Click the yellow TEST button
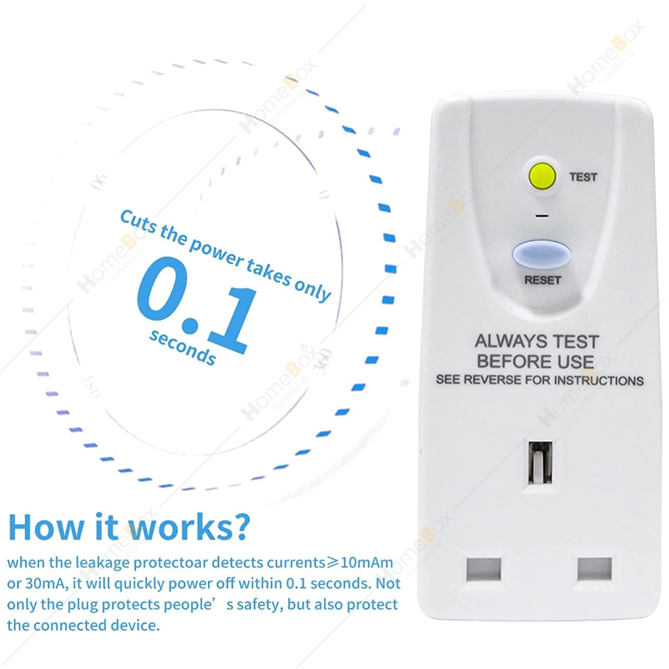pos(542,176)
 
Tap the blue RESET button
pos(541,254)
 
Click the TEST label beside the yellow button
pos(583,176)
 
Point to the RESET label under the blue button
pos(543,280)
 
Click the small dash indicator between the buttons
pos(542,215)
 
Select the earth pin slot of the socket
pos(540,462)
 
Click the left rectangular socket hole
pos(483,569)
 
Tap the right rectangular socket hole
pos(594,569)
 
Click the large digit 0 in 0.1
pos(162,288)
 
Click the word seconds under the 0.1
pos(182,347)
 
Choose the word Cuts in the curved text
pos(138,221)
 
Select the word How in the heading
pos(46,527)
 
